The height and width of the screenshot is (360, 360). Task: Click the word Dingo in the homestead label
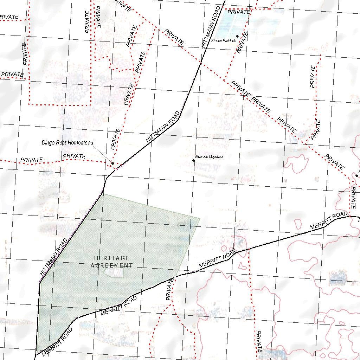pyautogui.click(x=48, y=143)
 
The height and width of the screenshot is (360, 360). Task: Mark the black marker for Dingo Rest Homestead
pyautogui.click(x=112, y=163)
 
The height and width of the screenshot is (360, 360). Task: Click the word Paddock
pyautogui.click(x=230, y=41)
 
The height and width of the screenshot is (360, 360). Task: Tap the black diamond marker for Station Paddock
pyautogui.click(x=237, y=36)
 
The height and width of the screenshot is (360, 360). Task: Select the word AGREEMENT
pyautogui.click(x=112, y=265)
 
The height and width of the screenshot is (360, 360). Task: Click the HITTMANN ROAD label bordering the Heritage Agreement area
pyautogui.click(x=53, y=257)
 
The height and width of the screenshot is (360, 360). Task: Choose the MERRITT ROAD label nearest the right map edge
pyautogui.click(x=329, y=221)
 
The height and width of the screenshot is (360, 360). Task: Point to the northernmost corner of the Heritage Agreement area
pyautogui.click(x=103, y=194)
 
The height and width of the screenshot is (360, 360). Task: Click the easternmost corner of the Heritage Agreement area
pyautogui.click(x=200, y=219)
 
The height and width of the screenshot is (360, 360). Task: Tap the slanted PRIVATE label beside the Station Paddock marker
pyautogui.click(x=243, y=43)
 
